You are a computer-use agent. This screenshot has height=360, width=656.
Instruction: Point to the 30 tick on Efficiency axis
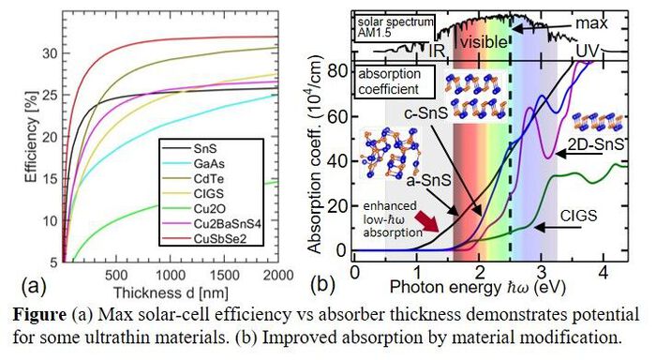[50, 53]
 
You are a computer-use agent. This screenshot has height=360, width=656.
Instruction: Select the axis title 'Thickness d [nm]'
[171, 292]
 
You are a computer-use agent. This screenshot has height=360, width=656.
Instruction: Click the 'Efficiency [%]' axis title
[32, 137]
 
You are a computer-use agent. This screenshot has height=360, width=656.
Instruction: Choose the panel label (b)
[322, 284]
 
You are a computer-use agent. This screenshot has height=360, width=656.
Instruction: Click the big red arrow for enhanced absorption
[427, 220]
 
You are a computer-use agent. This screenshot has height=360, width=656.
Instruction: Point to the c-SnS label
[425, 113]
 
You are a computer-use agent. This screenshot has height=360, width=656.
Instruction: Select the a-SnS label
[429, 180]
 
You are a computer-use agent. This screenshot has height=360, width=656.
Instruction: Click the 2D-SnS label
[595, 144]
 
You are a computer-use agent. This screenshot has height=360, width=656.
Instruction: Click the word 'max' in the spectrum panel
[591, 23]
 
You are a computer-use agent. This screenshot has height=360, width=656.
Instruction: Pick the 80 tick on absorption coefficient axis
[335, 70]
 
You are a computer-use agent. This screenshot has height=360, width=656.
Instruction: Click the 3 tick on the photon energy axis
[542, 272]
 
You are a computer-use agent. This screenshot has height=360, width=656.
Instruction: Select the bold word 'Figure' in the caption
[39, 315]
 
